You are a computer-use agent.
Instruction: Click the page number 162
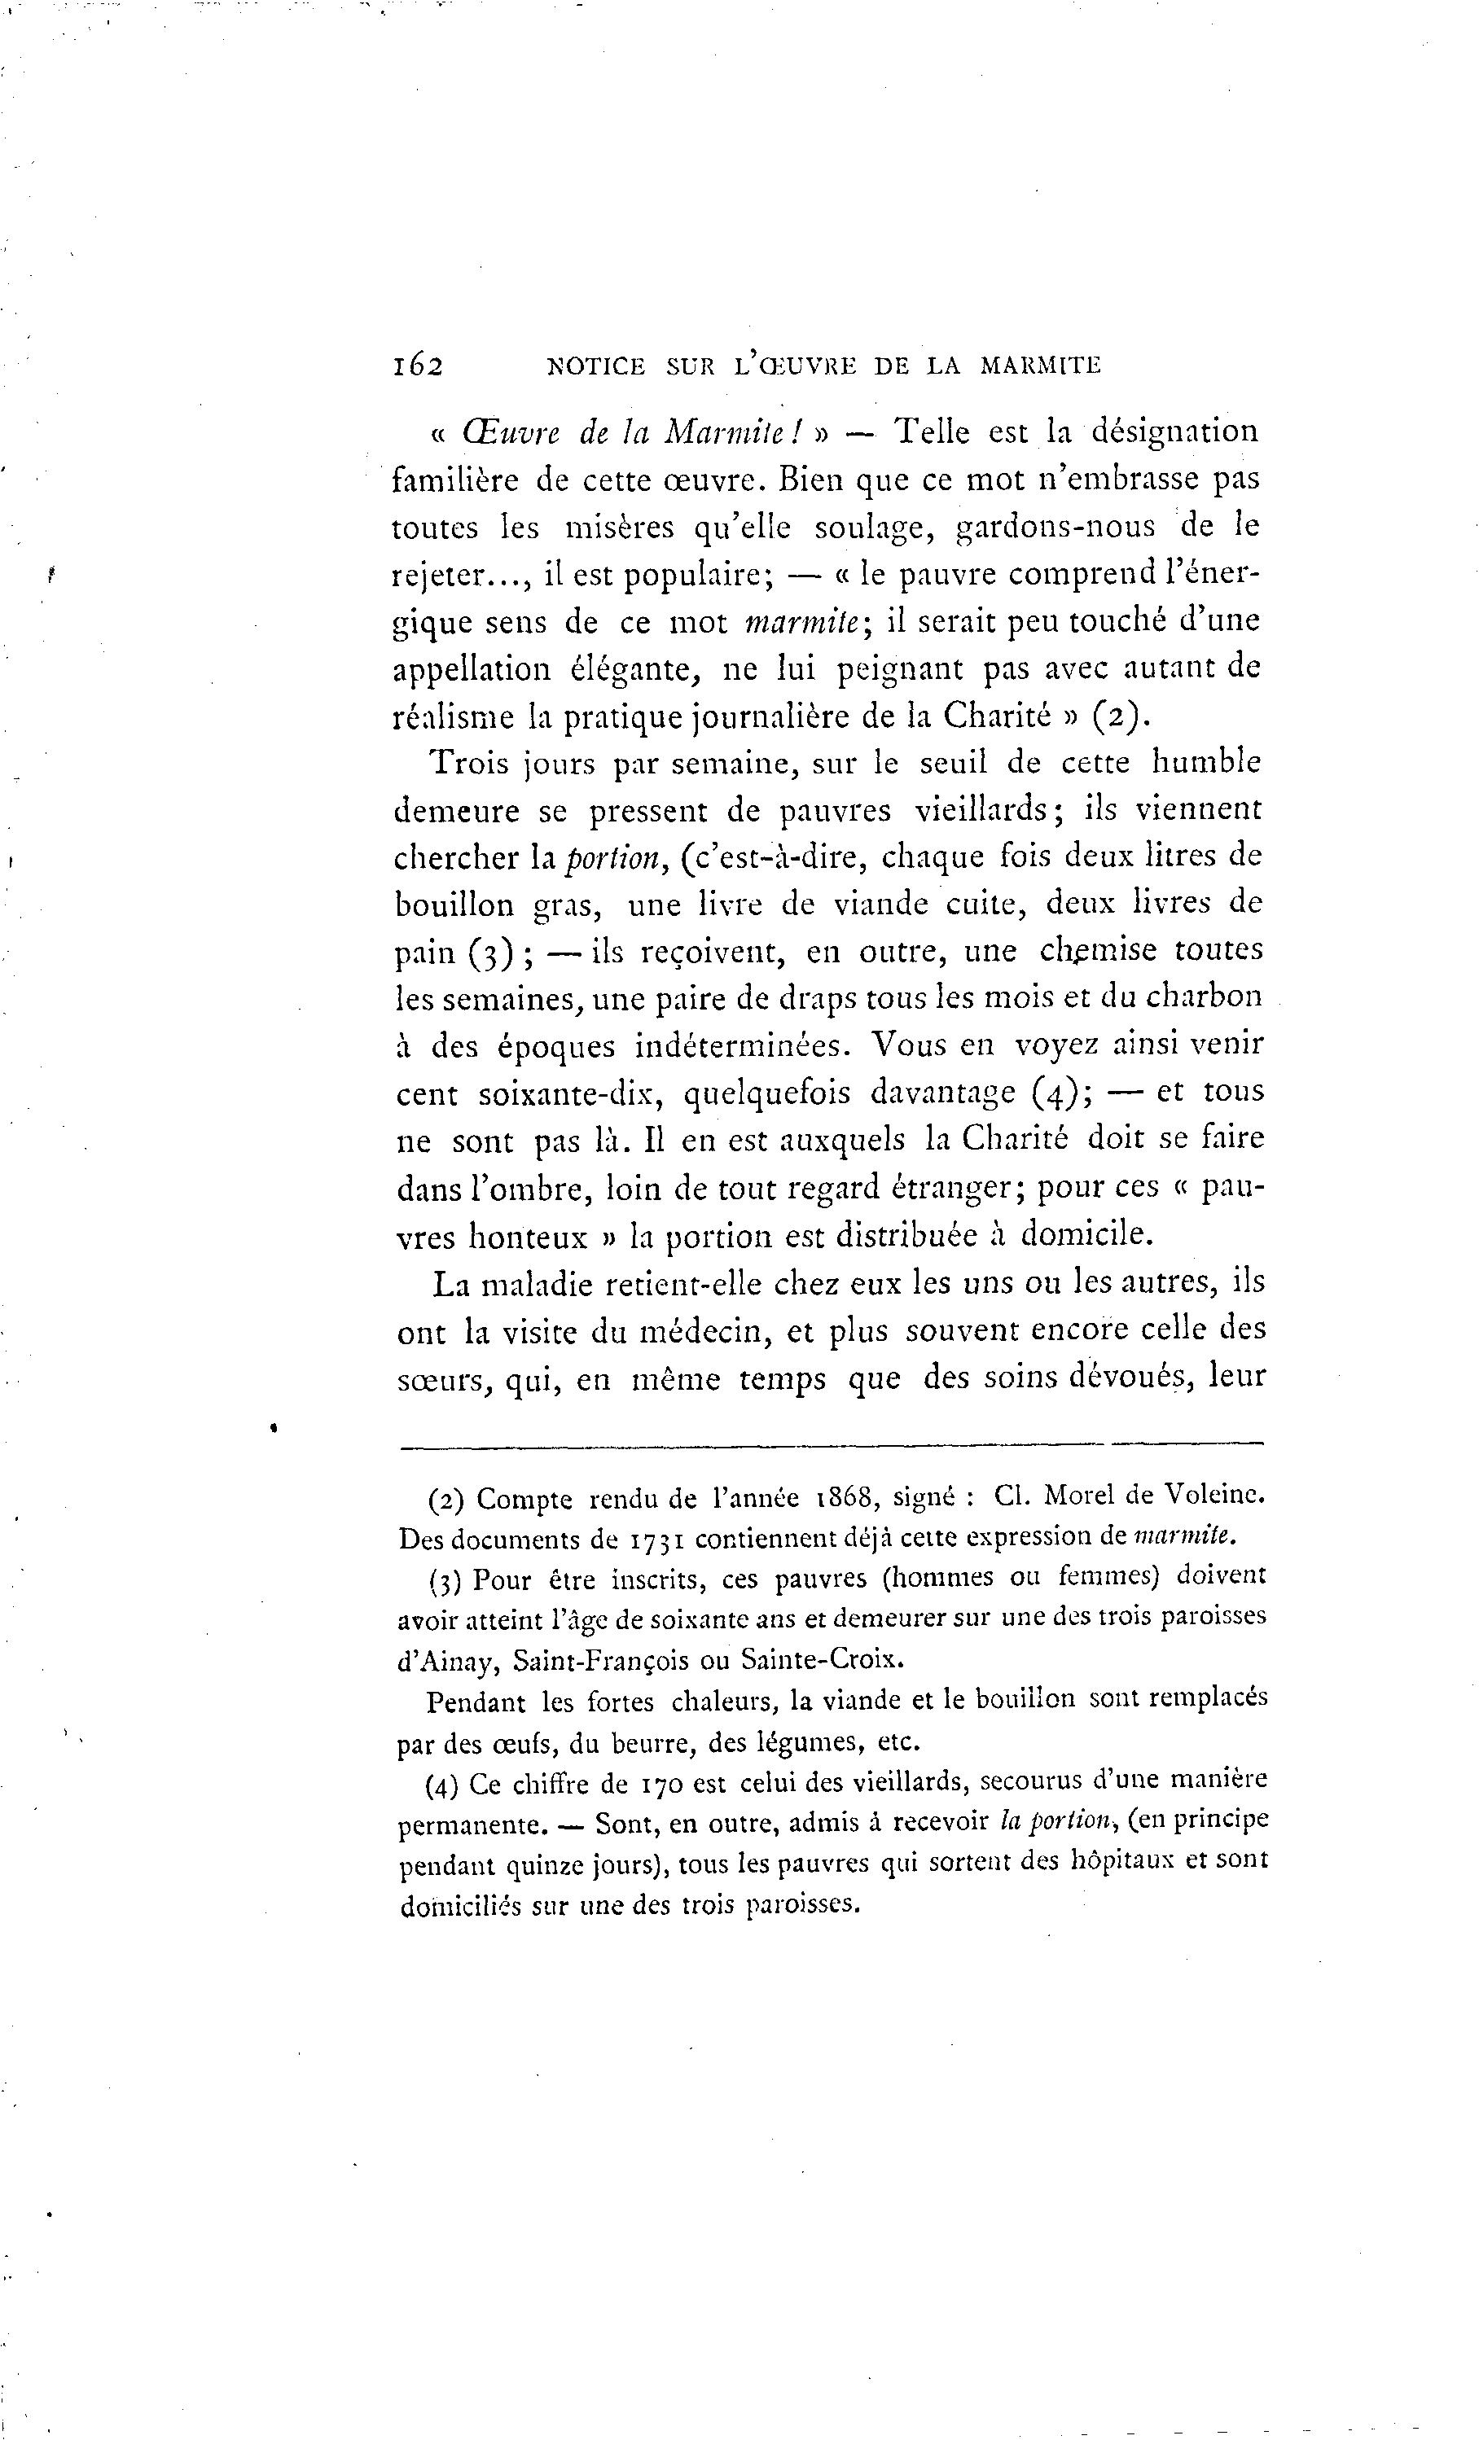pyautogui.click(x=417, y=366)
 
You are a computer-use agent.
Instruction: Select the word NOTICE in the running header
pyautogui.click(x=595, y=366)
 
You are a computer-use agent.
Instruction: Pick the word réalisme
pyautogui.click(x=453, y=717)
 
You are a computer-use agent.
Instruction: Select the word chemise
pyautogui.click(x=1099, y=951)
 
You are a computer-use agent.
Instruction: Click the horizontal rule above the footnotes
pyautogui.click(x=832, y=1447)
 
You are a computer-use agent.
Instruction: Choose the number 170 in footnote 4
pyautogui.click(x=661, y=1785)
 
